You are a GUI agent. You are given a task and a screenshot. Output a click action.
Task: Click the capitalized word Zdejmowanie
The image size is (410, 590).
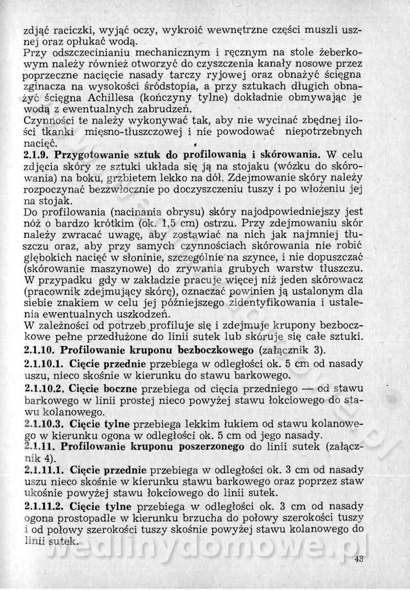click(265, 177)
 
